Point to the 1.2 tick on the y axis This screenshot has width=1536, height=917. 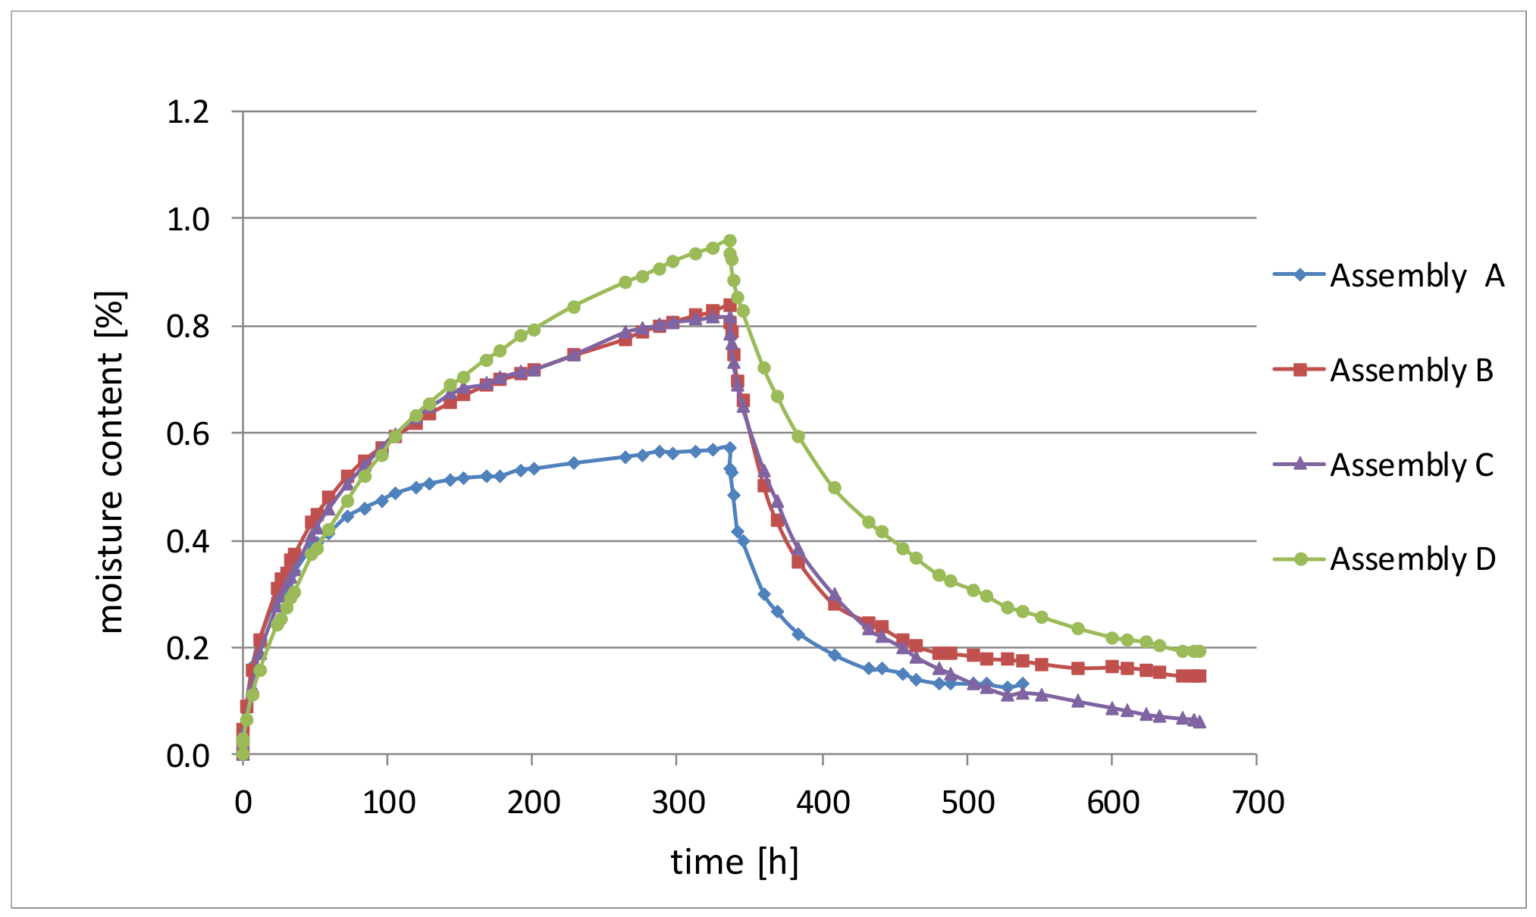pyautogui.click(x=187, y=112)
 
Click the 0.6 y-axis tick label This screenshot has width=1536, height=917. pyautogui.click(x=187, y=433)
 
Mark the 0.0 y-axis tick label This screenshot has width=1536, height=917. pyautogui.click(x=187, y=756)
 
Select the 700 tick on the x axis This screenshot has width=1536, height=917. pyautogui.click(x=1258, y=803)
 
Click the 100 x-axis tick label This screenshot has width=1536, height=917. pyautogui.click(x=388, y=803)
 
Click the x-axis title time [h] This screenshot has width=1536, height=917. pyautogui.click(x=735, y=862)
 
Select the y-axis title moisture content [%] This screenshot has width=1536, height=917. pyautogui.click(x=111, y=462)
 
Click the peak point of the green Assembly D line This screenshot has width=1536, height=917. pyautogui.click(x=729, y=240)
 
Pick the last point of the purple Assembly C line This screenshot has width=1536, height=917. pyautogui.click(x=1199, y=722)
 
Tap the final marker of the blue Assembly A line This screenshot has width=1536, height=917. pyautogui.click(x=1022, y=684)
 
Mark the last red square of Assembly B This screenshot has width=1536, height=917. pyautogui.click(x=1199, y=675)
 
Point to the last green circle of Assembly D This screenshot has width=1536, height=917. pyautogui.click(x=1199, y=651)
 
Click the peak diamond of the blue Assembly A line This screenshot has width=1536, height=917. pyautogui.click(x=729, y=447)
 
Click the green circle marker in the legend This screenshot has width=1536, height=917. pyautogui.click(x=1300, y=559)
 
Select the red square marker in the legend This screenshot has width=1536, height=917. pyautogui.click(x=1300, y=370)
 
